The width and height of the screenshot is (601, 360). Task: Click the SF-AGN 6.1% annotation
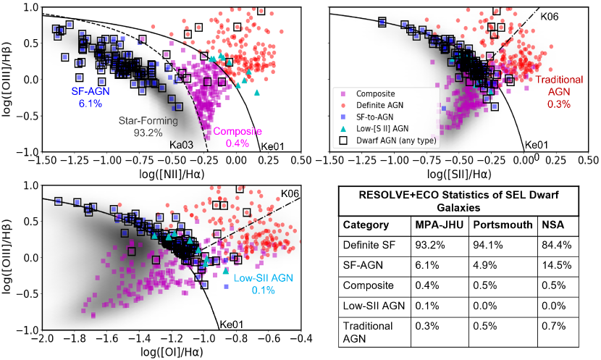[x=91, y=98]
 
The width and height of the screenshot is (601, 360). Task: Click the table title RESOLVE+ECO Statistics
[x=461, y=199]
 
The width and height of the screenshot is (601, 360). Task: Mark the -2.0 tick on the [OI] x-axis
[x=43, y=339]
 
